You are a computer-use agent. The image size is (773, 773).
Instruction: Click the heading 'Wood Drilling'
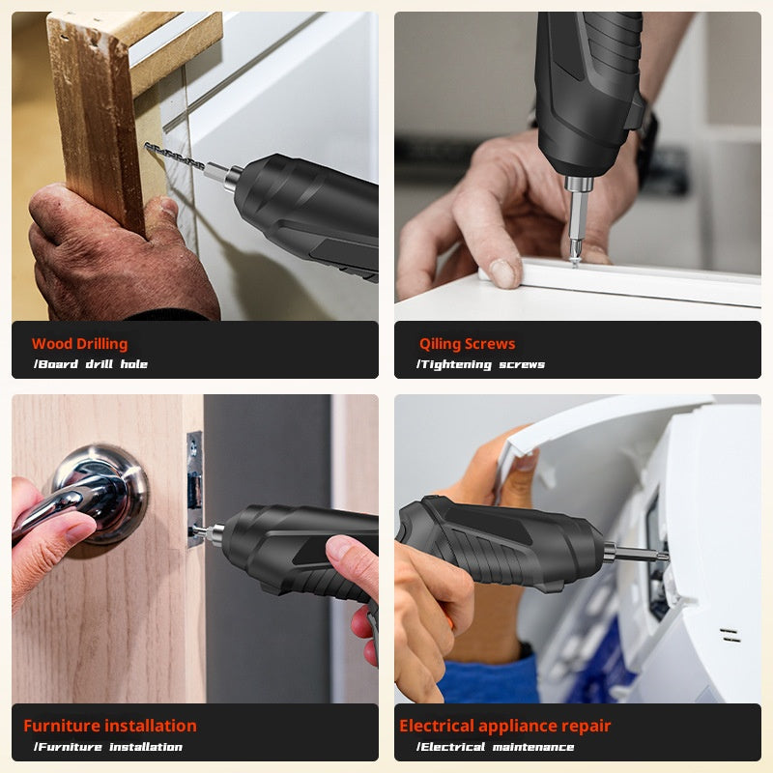(x=79, y=344)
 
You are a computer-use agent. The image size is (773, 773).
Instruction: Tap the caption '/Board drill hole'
(x=91, y=364)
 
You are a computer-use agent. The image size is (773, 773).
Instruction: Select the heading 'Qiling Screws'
(x=467, y=344)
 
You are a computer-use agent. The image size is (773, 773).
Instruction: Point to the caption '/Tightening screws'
(x=480, y=364)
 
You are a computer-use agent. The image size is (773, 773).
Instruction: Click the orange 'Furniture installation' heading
(x=109, y=726)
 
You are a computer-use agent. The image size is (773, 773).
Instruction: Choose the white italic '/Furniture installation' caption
(x=108, y=747)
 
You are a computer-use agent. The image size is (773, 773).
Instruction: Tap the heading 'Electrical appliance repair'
(x=504, y=726)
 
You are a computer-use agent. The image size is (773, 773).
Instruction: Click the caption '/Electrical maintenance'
(x=495, y=747)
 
